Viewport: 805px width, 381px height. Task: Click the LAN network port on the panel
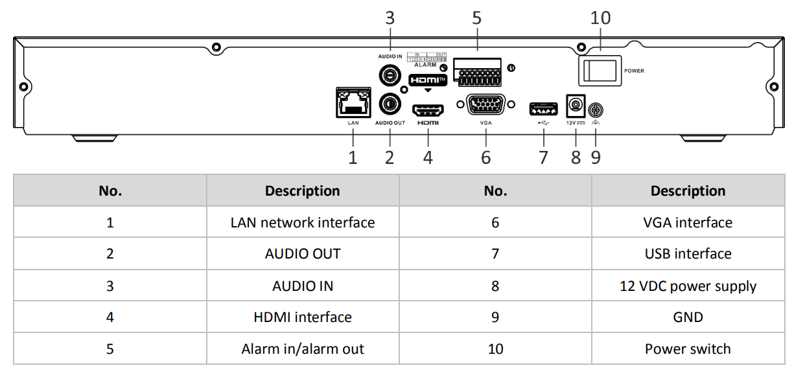pos(353,103)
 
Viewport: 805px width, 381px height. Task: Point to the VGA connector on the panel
pos(485,105)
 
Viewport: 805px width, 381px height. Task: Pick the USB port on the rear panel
pos(543,108)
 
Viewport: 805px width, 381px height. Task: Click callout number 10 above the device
pos(600,17)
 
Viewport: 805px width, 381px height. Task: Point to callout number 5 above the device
pos(477,17)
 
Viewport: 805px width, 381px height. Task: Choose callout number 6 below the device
pos(486,157)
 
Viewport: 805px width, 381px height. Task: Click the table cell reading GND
pos(688,317)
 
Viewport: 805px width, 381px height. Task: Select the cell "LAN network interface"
pos(303,222)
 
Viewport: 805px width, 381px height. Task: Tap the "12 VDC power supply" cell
pos(688,286)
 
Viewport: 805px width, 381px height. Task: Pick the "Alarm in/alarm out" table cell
pos(303,349)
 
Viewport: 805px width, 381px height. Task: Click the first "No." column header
pos(110,191)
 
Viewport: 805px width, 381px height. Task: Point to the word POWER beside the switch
pos(634,71)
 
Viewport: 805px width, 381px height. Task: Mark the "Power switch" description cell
pos(688,349)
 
